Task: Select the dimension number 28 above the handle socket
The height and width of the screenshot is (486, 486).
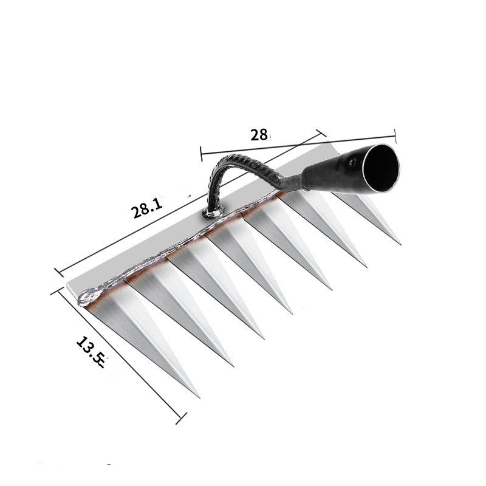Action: point(259,135)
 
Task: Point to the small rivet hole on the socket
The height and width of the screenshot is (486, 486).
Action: point(351,162)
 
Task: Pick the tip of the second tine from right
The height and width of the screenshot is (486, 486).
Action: point(366,266)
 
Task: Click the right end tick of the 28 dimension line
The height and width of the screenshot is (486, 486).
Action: point(395,135)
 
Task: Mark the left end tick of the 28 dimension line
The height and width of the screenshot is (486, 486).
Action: point(201,153)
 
